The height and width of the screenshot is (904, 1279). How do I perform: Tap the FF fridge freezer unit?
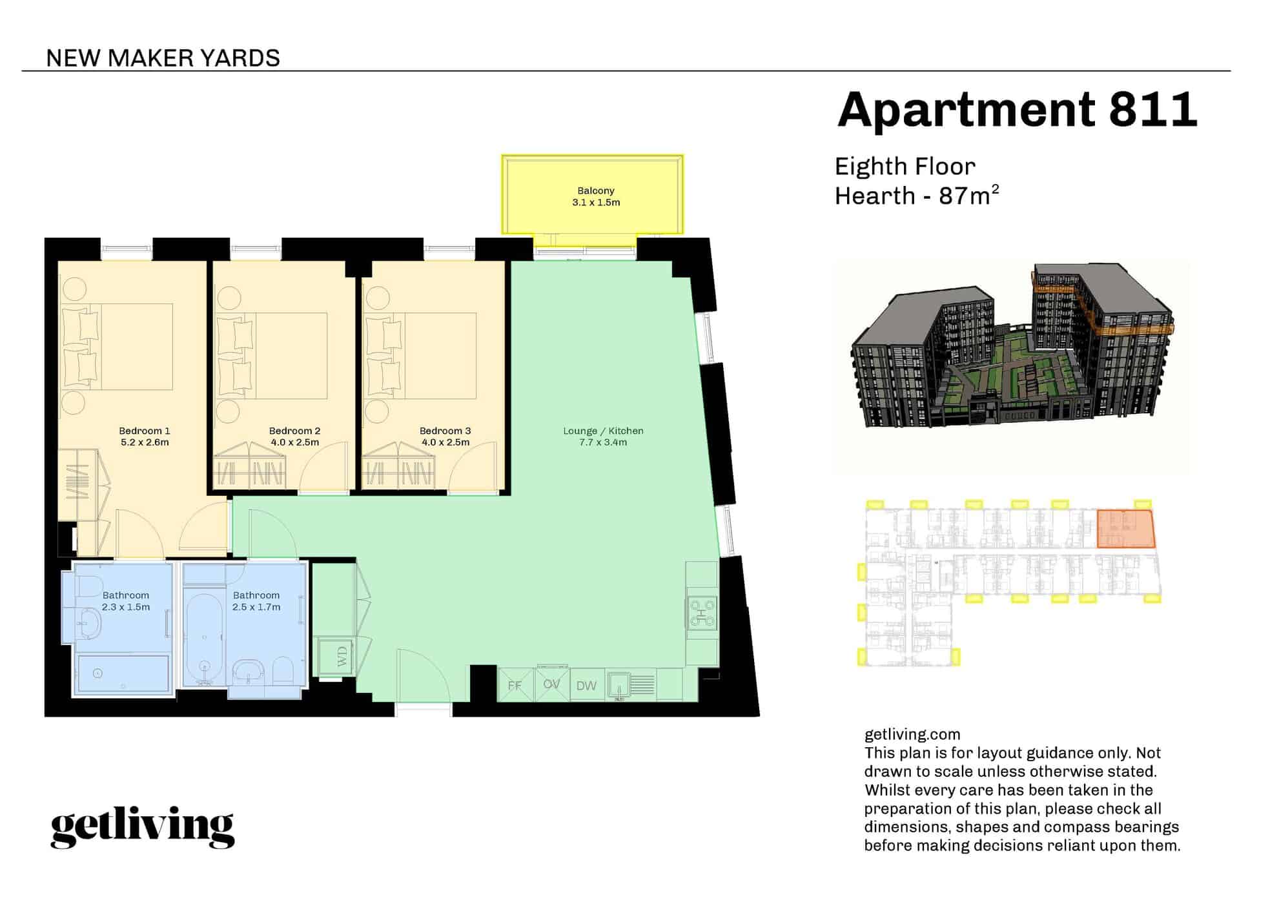click(x=515, y=685)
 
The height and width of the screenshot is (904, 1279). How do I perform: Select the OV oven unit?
click(x=551, y=684)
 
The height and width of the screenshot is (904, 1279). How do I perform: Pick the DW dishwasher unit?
click(x=586, y=686)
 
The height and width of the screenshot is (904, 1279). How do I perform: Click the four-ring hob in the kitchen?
click(x=702, y=613)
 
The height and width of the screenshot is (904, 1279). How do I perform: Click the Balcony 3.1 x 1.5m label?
click(x=595, y=196)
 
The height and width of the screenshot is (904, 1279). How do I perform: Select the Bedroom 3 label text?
click(x=445, y=431)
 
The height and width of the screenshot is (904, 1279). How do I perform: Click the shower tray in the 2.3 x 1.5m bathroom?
click(x=123, y=674)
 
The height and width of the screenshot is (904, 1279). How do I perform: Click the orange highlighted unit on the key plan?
click(x=1125, y=529)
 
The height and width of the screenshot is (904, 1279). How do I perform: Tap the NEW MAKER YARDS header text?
click(x=163, y=58)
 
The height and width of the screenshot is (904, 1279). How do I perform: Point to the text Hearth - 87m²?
click(x=916, y=196)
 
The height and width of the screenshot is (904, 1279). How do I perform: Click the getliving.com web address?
click(x=912, y=734)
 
